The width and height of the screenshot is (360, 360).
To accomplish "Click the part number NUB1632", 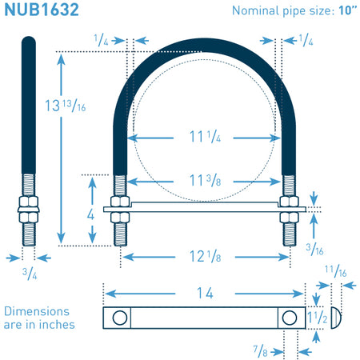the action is point(42,10).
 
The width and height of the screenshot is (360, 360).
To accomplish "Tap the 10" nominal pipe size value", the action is point(348,10).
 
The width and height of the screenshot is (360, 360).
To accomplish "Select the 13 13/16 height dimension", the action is point(66,106).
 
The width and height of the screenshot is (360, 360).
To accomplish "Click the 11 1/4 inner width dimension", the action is point(205,137).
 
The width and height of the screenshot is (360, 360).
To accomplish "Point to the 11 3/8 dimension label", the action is point(205,181).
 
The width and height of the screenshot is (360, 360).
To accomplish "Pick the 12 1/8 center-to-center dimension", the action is point(205,257).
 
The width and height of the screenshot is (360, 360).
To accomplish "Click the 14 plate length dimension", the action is point(205,293).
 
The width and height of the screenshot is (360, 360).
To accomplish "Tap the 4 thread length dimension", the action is point(90,214).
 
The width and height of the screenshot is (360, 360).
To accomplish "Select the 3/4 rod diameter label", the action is point(30,274).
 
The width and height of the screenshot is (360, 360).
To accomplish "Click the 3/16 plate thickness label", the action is point(314,250).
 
